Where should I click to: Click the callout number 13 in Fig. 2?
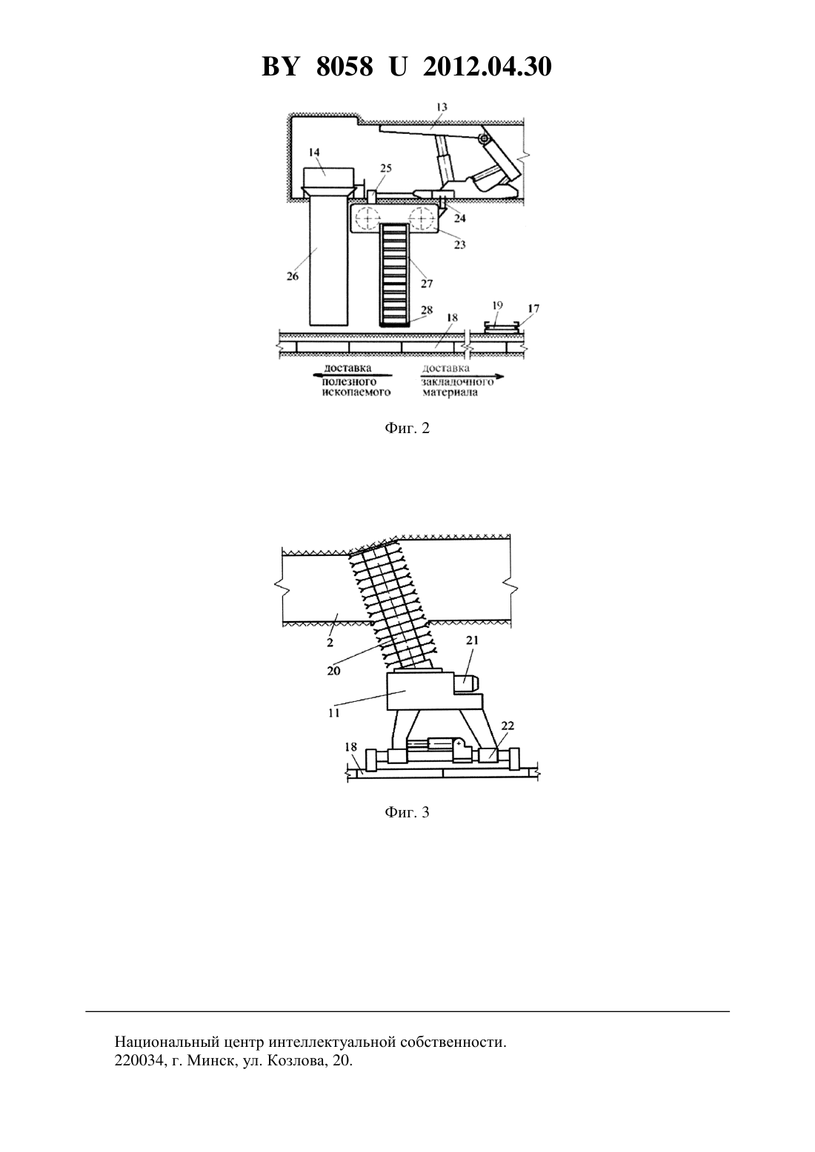(442, 107)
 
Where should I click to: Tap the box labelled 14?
(327, 177)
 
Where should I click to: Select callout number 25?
(386, 168)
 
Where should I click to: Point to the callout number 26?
(292, 276)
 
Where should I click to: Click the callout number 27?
(427, 284)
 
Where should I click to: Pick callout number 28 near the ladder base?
(427, 309)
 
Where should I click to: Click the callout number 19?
(497, 306)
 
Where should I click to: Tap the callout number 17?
(533, 309)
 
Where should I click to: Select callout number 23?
(459, 244)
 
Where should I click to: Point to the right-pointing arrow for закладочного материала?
(462, 376)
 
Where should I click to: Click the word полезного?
(350, 382)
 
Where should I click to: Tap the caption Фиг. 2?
(407, 429)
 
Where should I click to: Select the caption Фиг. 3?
(407, 812)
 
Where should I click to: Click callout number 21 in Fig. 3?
(473, 640)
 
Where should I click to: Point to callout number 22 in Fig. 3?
(508, 726)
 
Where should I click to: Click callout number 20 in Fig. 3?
(333, 671)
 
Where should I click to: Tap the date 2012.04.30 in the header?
(488, 67)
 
